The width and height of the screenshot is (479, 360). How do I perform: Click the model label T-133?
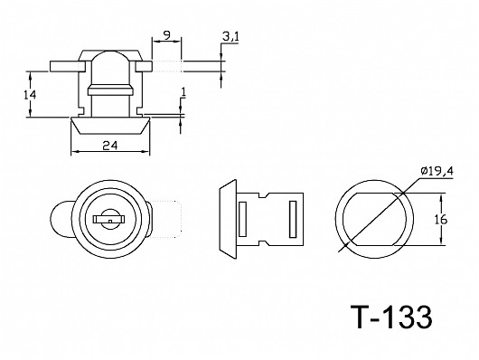point(391,317)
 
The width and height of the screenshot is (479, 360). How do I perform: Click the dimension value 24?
point(110,146)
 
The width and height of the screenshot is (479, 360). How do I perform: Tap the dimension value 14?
point(30,95)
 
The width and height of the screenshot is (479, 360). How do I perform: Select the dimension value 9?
point(166,35)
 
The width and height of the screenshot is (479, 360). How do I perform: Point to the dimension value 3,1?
point(230,37)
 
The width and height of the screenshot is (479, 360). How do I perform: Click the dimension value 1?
point(183,92)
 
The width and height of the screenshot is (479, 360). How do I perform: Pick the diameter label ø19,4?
point(437,171)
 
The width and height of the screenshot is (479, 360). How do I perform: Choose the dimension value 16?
point(440,220)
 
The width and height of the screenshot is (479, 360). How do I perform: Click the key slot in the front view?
point(109,219)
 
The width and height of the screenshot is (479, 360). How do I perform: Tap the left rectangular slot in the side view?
point(242,219)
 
